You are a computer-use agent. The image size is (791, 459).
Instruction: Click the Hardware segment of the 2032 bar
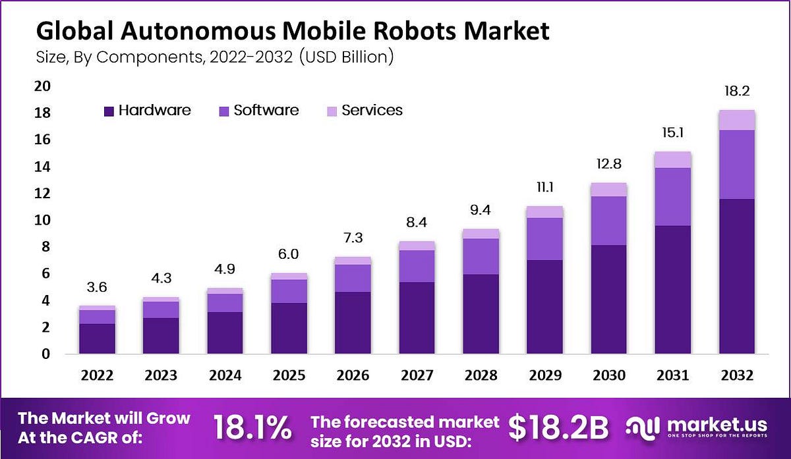(x=737, y=277)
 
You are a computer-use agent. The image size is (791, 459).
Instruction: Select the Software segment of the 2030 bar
(x=608, y=221)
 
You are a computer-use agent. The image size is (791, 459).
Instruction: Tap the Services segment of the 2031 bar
(x=672, y=159)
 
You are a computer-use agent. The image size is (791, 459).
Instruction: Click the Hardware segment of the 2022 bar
(x=98, y=338)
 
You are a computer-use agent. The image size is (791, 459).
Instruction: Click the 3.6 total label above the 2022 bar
(x=98, y=287)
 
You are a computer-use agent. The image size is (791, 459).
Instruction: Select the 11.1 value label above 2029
(x=544, y=188)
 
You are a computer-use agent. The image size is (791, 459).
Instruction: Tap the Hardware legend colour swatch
(x=109, y=111)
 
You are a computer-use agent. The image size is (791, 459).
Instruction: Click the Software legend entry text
(x=266, y=111)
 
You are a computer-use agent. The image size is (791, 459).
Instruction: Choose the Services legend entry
(x=371, y=111)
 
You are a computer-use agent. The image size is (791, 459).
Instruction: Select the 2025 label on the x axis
(x=289, y=375)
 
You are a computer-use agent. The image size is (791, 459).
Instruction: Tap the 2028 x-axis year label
(x=481, y=375)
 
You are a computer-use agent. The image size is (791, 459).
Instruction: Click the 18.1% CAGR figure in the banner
(x=253, y=429)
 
